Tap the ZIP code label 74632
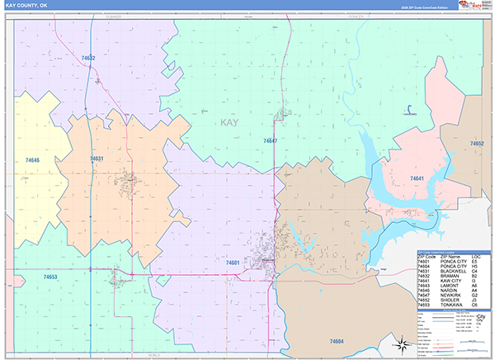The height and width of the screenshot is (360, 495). pos(88,58)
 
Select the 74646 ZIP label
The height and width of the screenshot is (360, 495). pos(32,159)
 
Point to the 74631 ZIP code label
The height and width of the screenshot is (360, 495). pos(97,158)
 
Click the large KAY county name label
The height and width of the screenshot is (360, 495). pos(233,123)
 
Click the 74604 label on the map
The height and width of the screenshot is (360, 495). pos(336,339)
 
